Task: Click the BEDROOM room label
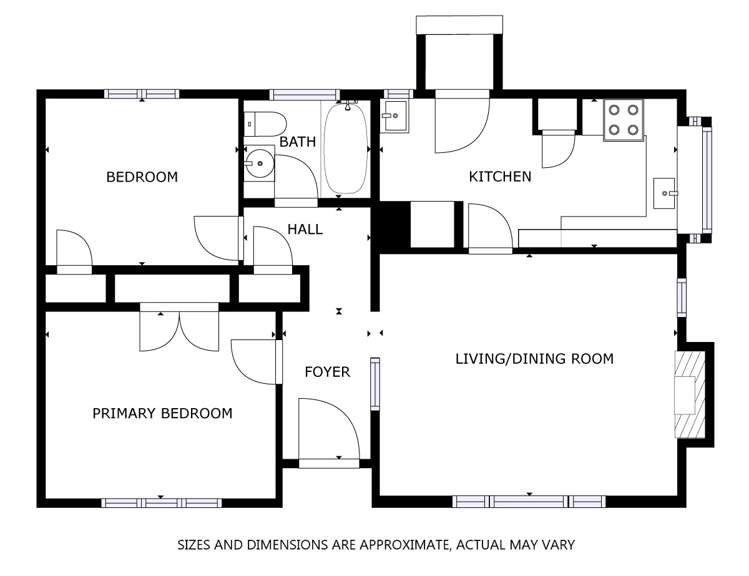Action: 142,177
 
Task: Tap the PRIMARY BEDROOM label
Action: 162,413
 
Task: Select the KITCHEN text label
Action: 500,177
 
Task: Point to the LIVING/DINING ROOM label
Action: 534,358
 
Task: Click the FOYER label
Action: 327,372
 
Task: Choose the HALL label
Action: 305,229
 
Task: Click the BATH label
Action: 297,142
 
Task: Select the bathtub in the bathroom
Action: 346,148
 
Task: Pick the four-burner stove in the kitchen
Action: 624,120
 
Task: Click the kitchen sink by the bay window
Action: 664,192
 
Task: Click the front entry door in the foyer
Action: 329,430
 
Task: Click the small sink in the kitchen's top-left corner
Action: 395,113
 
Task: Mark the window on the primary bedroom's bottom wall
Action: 160,502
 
